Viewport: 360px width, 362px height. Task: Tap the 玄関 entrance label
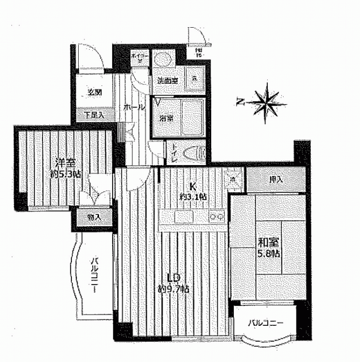click(x=95, y=93)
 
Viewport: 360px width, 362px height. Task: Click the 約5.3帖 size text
click(x=65, y=174)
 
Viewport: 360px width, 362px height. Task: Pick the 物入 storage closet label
click(x=93, y=217)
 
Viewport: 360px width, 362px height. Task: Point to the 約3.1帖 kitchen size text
click(x=193, y=196)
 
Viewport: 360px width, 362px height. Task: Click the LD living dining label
click(x=173, y=278)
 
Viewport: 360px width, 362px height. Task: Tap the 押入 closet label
click(x=276, y=180)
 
